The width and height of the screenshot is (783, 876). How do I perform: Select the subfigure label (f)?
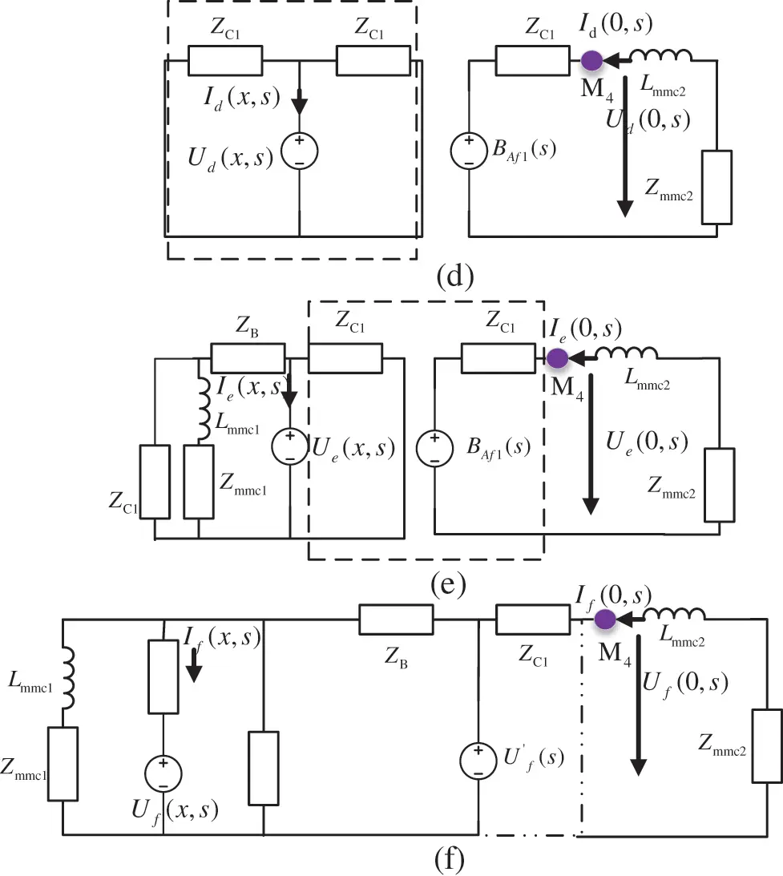(449, 860)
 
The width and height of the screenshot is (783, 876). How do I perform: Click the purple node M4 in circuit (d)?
(592, 60)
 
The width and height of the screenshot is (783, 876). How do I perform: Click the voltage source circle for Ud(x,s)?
(299, 150)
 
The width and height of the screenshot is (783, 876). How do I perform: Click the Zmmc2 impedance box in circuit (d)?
(716, 187)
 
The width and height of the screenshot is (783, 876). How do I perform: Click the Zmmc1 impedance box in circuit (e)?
(199, 481)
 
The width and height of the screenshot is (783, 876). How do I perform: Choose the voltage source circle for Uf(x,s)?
(163, 773)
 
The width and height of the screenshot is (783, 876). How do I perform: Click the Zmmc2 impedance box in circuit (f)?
(766, 745)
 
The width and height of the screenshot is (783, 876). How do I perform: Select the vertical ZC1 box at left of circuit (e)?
(155, 481)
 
